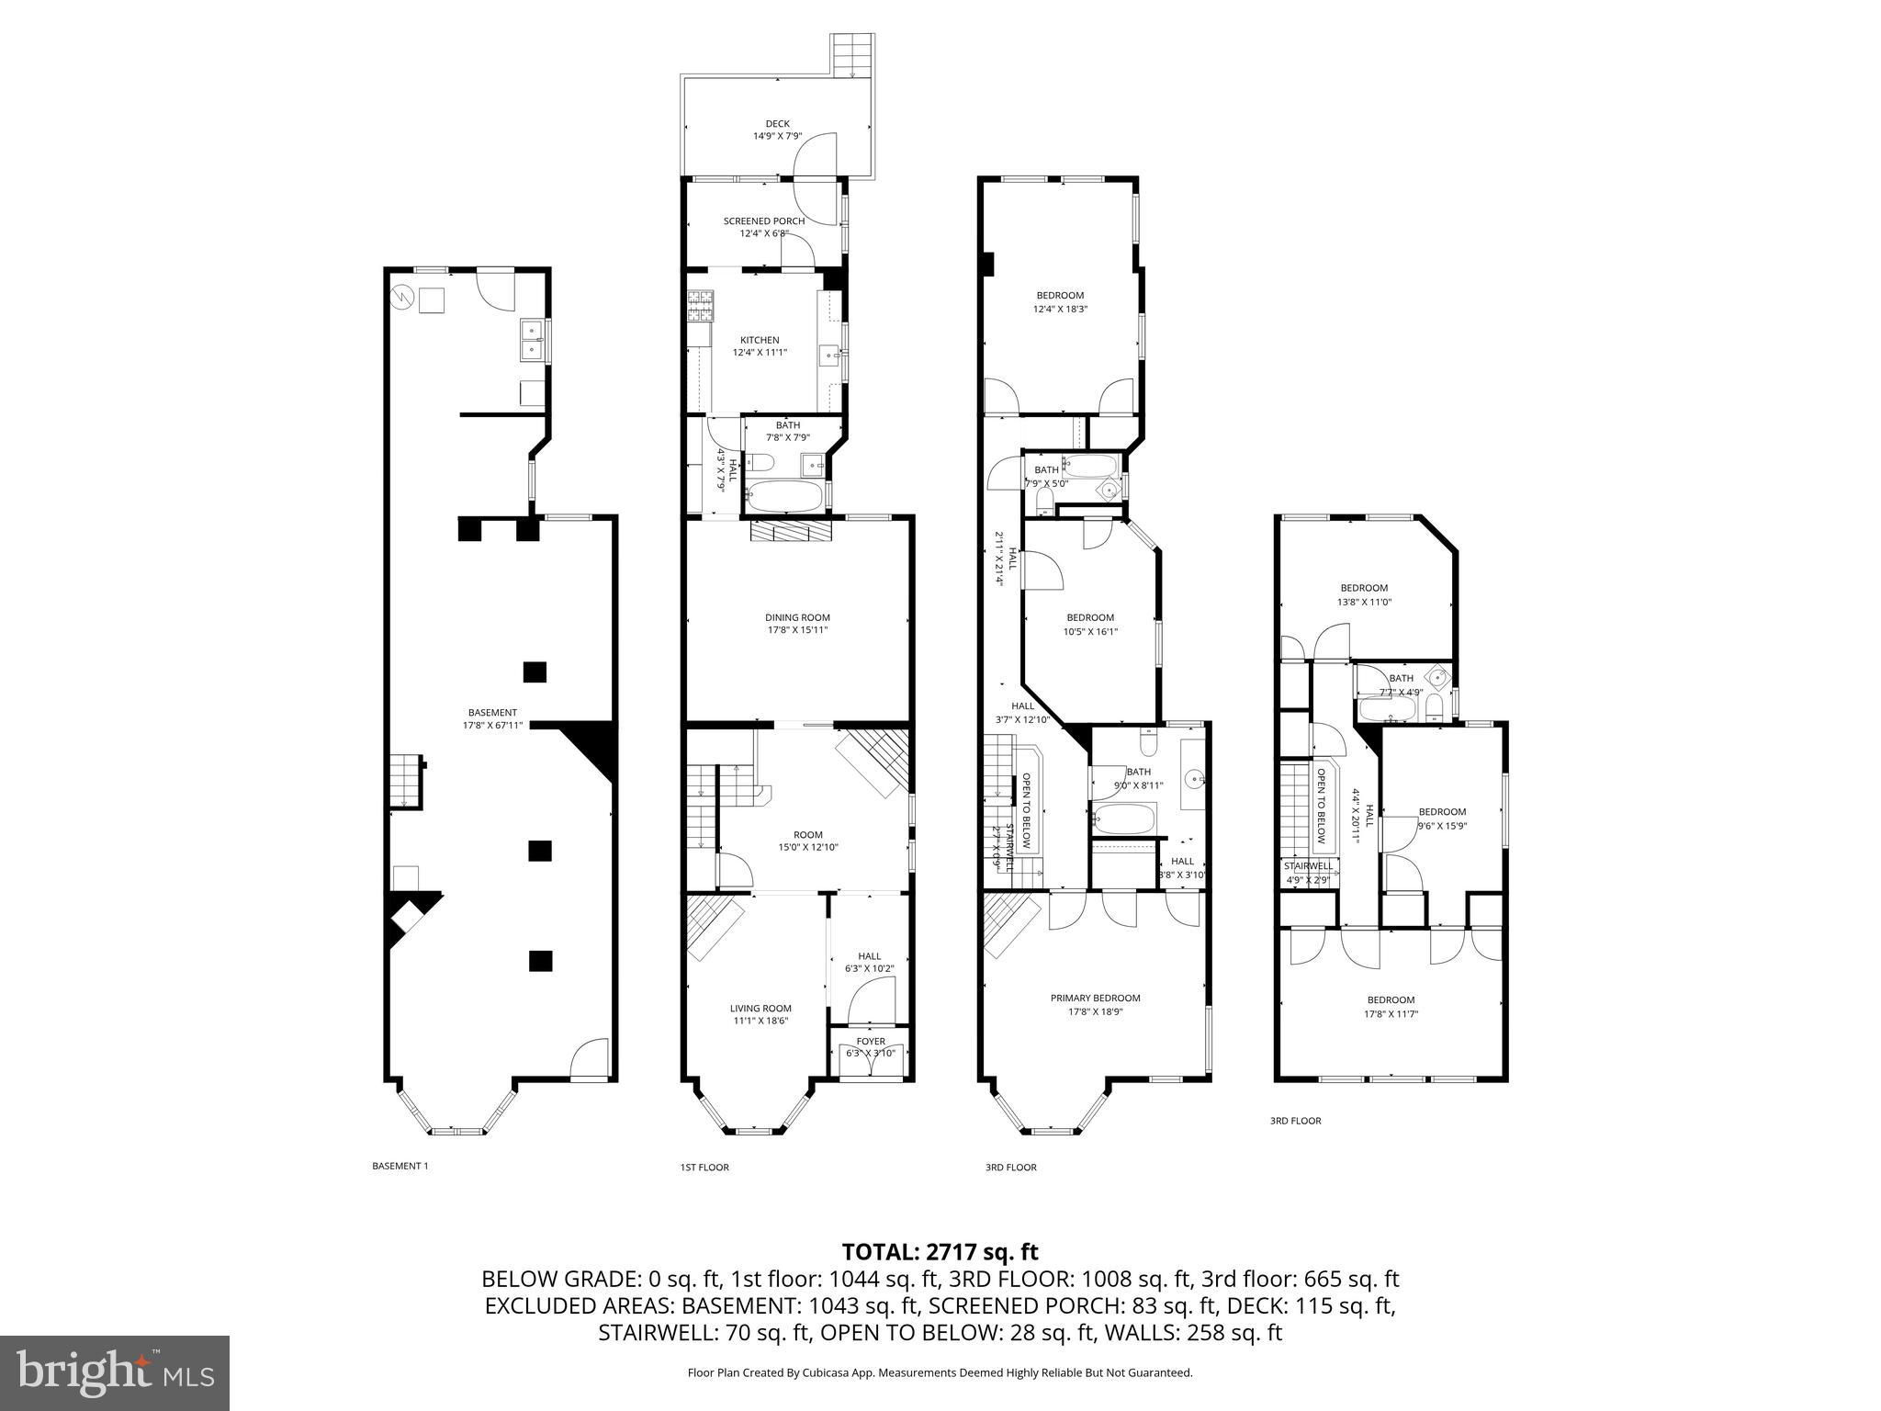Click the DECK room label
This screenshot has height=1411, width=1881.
tap(777, 124)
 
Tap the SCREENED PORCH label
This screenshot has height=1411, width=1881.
tap(763, 221)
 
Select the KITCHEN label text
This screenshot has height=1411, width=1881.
tap(760, 340)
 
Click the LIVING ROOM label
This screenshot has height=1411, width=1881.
tap(760, 1008)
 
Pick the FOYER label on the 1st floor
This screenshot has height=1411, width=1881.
tap(871, 1042)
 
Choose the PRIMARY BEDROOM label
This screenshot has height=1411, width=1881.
tap(1095, 998)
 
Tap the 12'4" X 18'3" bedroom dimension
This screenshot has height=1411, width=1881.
tap(1060, 309)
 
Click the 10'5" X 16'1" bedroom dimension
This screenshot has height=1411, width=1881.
tap(1089, 631)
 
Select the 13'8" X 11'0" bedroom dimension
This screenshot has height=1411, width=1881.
tap(1364, 602)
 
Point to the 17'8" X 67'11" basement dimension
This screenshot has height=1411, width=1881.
tap(492, 725)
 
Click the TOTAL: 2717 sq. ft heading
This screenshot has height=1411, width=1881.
tap(940, 1251)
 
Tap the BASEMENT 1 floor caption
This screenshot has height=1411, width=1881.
tap(400, 1166)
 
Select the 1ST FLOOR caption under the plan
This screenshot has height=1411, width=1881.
tap(704, 1168)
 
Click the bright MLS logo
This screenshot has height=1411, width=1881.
tap(114, 1372)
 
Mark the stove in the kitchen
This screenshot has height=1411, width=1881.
tap(701, 306)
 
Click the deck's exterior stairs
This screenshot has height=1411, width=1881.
tap(850, 56)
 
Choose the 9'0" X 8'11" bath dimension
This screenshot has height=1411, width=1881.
tap(1138, 785)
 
